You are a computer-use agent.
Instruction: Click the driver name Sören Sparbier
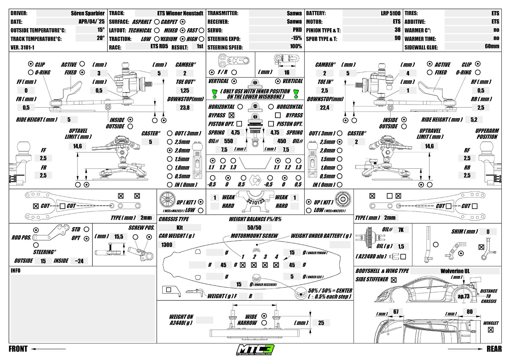coord(88,13)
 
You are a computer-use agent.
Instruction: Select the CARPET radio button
coord(183,22)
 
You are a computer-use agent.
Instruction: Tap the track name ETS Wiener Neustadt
coord(180,13)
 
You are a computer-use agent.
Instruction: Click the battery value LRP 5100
coord(390,13)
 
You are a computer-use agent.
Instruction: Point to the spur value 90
coord(397,38)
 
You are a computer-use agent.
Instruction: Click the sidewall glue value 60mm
coord(492,46)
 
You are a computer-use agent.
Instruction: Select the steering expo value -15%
coord(296,38)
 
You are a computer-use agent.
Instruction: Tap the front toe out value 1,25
coord(185,90)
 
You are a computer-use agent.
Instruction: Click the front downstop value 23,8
coord(185,108)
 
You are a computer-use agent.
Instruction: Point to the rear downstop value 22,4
coord(324,108)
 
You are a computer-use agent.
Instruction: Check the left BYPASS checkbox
coord(231,115)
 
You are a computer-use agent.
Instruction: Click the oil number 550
coord(229,141)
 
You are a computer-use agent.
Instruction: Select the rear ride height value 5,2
coord(474,120)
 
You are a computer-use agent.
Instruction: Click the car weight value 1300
coord(167,245)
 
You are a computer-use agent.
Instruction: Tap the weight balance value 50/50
coord(254,228)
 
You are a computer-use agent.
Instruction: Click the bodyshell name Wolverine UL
coord(455,271)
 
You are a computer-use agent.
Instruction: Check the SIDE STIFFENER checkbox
coord(394,280)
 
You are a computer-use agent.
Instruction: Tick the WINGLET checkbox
coord(491,330)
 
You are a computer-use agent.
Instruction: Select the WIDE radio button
coord(264,316)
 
